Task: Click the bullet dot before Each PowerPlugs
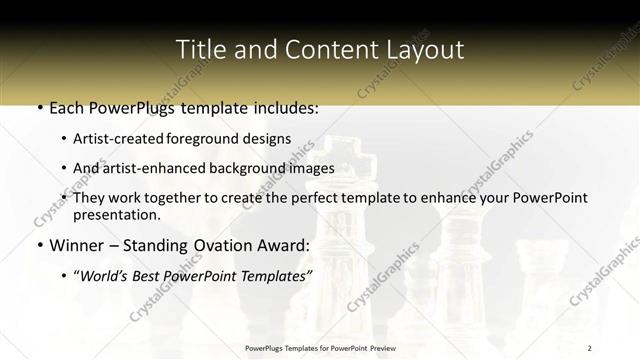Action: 40,108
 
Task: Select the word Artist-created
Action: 120,139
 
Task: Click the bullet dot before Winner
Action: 40,246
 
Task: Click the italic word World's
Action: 106,275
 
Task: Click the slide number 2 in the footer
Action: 590,348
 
